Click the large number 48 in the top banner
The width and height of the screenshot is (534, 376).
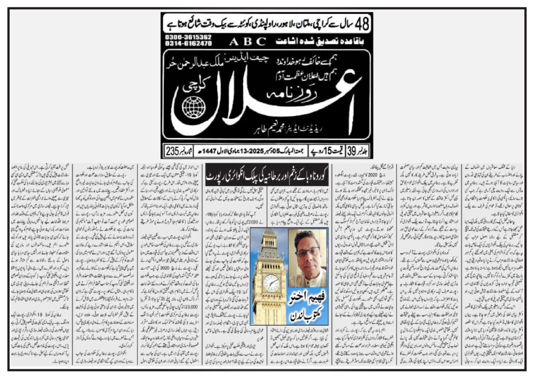click(x=359, y=23)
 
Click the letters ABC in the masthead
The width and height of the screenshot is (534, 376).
click(x=248, y=42)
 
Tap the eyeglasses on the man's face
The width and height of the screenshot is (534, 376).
click(x=307, y=251)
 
